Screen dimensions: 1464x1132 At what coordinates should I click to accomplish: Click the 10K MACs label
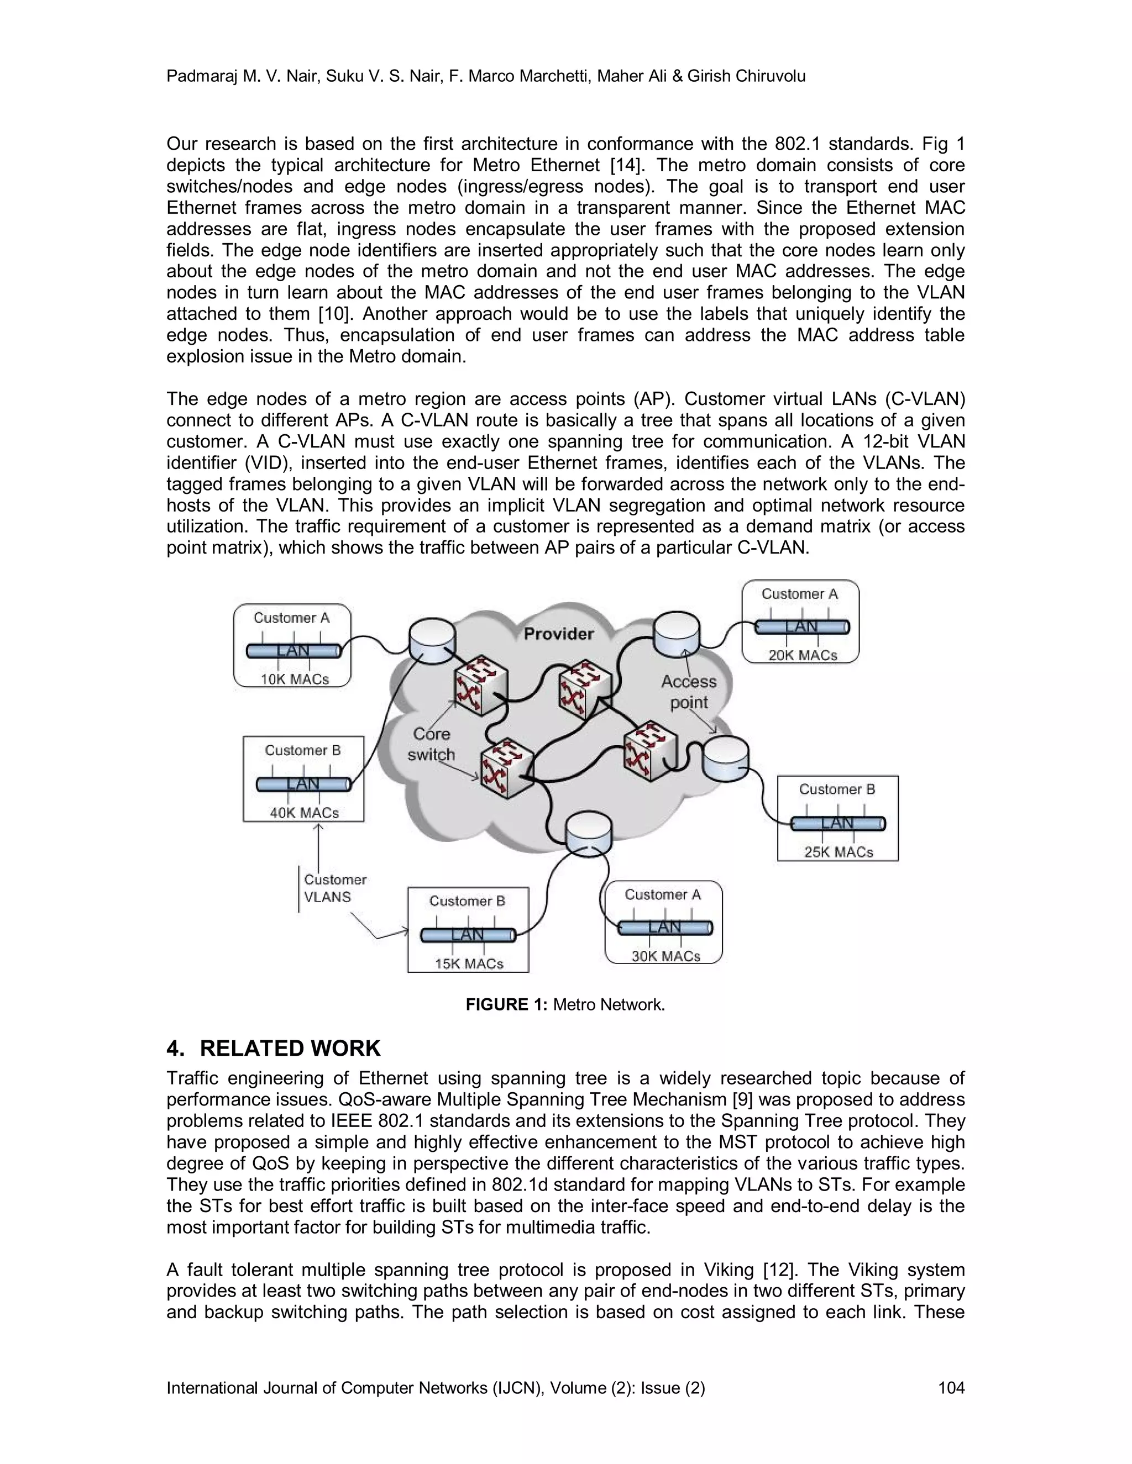point(295,679)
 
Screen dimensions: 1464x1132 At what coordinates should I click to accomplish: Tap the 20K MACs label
point(803,655)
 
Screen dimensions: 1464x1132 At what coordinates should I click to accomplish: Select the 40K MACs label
point(305,813)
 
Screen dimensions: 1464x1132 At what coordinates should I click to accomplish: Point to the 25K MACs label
point(838,851)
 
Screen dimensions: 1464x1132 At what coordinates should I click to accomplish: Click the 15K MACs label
point(469,963)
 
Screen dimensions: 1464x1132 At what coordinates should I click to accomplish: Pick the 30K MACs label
point(665,956)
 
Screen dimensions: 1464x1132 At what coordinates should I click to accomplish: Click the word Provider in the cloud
point(559,634)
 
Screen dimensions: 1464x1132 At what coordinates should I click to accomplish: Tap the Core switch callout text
point(431,744)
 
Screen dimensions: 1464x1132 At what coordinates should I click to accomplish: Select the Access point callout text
point(689,692)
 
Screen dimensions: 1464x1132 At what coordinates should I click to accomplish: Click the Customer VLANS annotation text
point(334,888)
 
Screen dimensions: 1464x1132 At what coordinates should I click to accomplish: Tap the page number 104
point(951,1388)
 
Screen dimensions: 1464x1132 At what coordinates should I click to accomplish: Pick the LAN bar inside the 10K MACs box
point(293,650)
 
